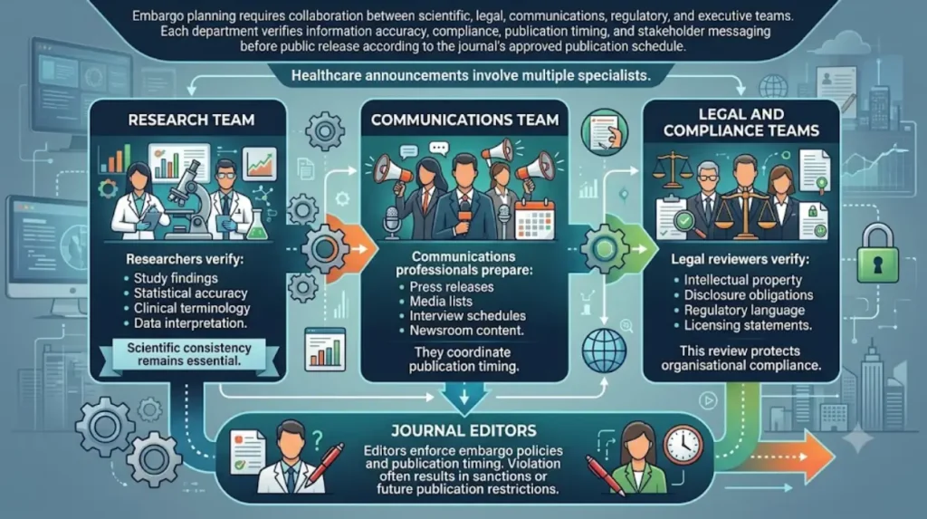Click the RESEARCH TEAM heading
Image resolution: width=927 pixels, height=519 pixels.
tap(191, 120)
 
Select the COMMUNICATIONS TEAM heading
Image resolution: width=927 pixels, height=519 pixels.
tap(464, 120)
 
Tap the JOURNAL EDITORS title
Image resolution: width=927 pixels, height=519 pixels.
tap(463, 431)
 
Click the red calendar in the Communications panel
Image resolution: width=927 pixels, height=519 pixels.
tap(534, 219)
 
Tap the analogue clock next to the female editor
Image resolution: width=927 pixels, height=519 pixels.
tap(683, 445)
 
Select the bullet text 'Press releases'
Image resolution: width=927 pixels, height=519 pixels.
tap(452, 287)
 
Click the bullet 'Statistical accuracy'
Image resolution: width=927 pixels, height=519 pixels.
tap(190, 293)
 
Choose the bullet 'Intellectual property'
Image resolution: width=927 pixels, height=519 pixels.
tap(742, 280)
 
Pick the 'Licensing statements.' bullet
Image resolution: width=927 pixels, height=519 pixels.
tap(748, 325)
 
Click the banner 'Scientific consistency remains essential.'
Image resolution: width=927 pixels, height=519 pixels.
tap(189, 354)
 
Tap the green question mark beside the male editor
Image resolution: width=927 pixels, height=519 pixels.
tap(318, 439)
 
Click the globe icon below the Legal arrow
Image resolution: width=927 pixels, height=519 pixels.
tap(604, 351)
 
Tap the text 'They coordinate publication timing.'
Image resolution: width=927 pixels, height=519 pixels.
tap(463, 360)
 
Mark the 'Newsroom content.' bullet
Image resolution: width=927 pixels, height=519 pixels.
tap(466, 331)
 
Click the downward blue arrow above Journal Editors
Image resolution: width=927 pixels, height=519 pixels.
tap(464, 397)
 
